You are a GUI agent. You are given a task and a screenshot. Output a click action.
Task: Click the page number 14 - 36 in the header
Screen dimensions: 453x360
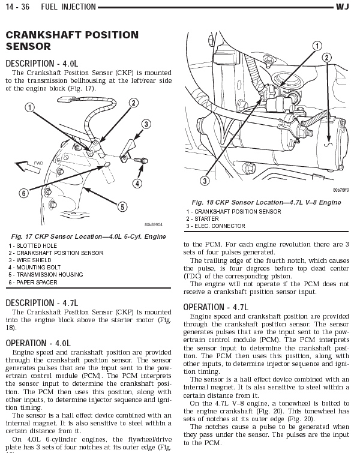(17, 7)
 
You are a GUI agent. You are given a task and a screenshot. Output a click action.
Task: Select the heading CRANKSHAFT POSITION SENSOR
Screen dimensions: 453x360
(71, 41)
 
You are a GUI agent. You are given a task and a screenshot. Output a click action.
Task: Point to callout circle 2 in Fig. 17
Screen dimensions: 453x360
(133, 104)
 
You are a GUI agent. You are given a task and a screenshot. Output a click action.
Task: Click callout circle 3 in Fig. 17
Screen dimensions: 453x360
(146, 124)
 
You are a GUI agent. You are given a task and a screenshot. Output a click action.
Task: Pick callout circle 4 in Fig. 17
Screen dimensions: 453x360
(137, 183)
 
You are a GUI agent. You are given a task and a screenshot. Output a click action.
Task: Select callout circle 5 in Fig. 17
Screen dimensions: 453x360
(122, 206)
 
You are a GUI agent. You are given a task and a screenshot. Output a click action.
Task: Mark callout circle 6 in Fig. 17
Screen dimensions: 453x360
(23, 193)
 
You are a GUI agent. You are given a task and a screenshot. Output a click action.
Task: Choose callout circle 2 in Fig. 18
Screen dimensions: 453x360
(326, 58)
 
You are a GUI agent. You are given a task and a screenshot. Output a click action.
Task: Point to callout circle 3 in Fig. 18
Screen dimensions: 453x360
(204, 181)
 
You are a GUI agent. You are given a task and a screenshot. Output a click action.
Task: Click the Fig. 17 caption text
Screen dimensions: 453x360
(87, 237)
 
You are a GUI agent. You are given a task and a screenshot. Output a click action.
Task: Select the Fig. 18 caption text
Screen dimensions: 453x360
(266, 203)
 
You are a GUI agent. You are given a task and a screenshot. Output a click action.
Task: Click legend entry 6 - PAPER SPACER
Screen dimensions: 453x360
(33, 283)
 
